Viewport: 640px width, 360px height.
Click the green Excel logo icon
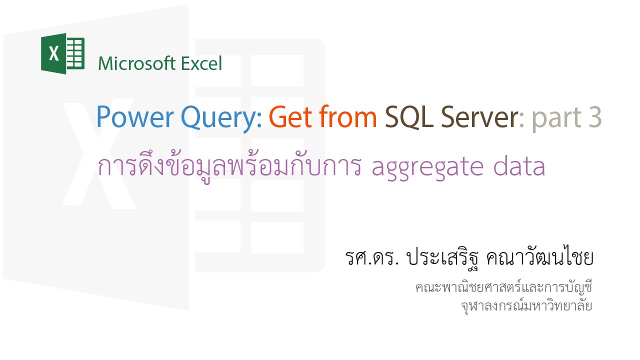(x=62, y=53)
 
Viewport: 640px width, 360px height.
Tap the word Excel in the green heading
(x=200, y=64)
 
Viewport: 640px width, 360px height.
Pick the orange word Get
(x=290, y=117)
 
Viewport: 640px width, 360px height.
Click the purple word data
(x=521, y=166)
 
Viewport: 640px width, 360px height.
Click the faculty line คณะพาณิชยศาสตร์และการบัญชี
(x=503, y=288)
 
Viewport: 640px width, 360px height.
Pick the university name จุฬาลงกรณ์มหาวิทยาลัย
(x=526, y=305)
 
